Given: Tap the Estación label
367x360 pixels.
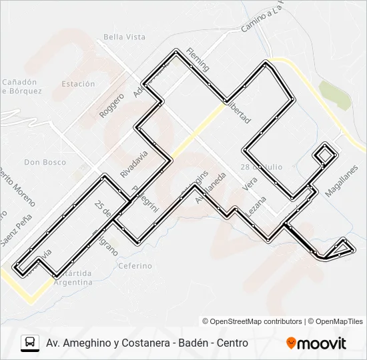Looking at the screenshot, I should (x=78, y=84).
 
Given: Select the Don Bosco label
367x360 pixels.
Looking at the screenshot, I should (x=41, y=162).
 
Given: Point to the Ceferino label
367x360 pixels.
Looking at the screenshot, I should (x=135, y=265).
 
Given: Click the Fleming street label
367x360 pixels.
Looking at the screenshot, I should (x=198, y=59).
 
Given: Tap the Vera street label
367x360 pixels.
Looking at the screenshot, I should (x=251, y=185).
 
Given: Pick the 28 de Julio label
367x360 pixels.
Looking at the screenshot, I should (x=262, y=166).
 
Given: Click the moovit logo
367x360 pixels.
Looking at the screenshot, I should (x=316, y=343).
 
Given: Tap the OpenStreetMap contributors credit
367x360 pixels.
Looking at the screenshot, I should (x=252, y=321).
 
